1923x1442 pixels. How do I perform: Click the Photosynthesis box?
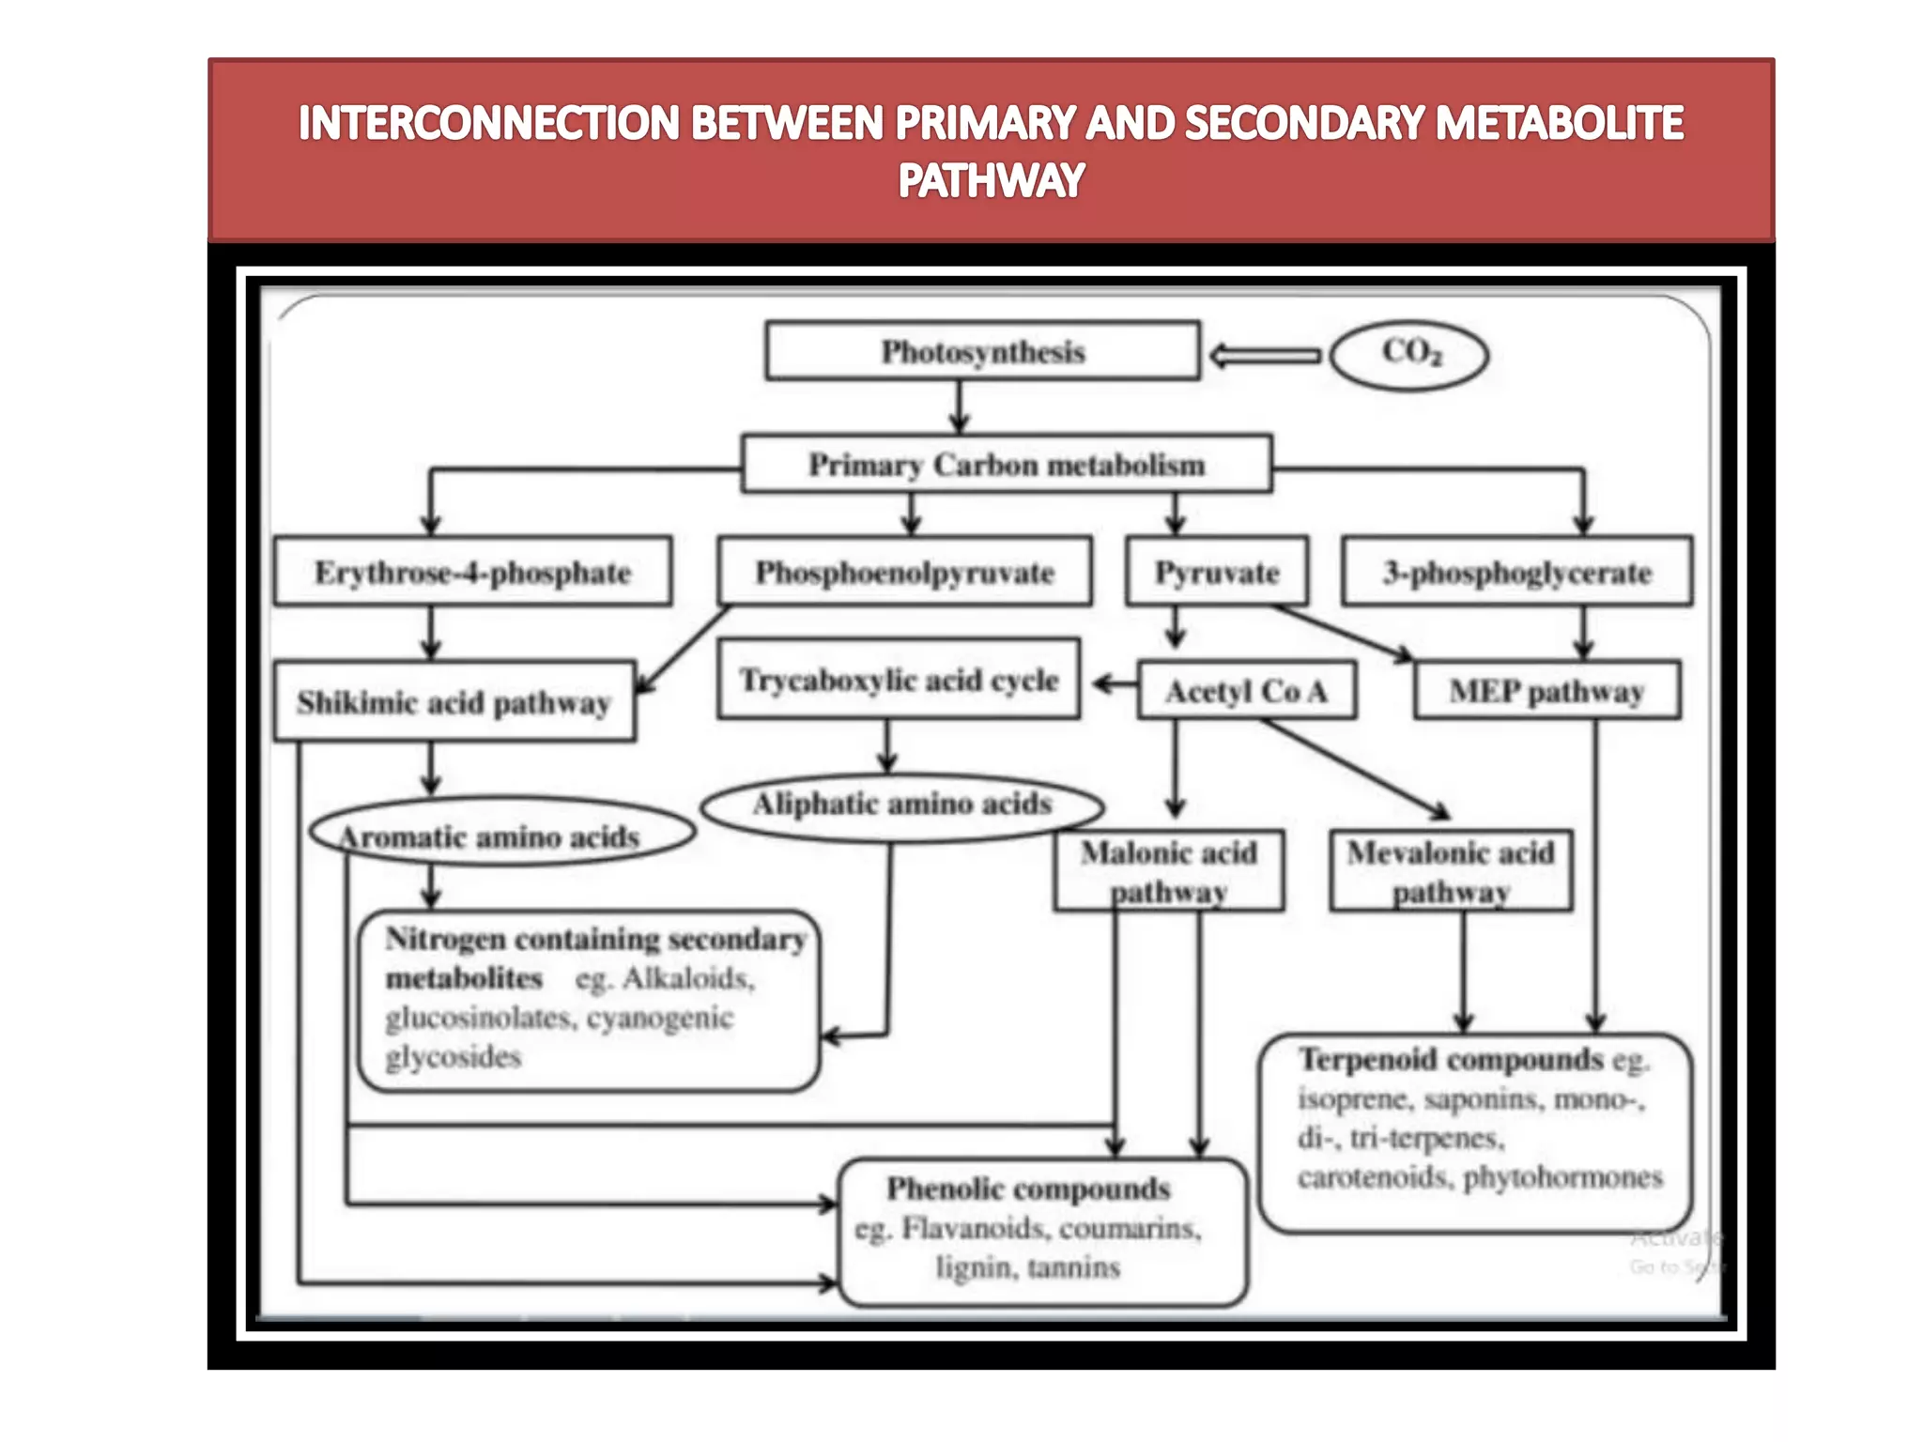[982, 351]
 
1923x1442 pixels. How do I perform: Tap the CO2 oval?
[1410, 354]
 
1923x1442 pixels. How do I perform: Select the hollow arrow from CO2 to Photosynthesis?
[1265, 356]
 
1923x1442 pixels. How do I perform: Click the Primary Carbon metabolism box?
[1007, 464]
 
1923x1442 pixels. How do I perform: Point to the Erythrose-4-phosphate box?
[472, 572]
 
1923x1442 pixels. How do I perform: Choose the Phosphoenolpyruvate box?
[904, 572]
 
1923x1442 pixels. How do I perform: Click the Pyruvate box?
[1217, 572]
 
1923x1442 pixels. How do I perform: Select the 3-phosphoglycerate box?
[1516, 572]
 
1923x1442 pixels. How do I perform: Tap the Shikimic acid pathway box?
[454, 701]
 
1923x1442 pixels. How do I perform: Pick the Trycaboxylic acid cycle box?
[899, 680]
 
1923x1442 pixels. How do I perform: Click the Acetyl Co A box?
[1246, 691]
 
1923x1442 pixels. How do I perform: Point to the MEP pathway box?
[1546, 691]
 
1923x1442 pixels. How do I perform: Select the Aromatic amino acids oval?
[501, 834]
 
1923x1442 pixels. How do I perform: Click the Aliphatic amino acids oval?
[901, 805]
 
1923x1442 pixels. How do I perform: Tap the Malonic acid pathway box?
[1168, 870]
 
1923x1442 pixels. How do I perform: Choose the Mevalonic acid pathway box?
[1451, 870]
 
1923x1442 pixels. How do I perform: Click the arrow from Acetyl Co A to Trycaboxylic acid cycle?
[1115, 683]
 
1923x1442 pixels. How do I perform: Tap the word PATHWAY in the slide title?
[991, 180]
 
